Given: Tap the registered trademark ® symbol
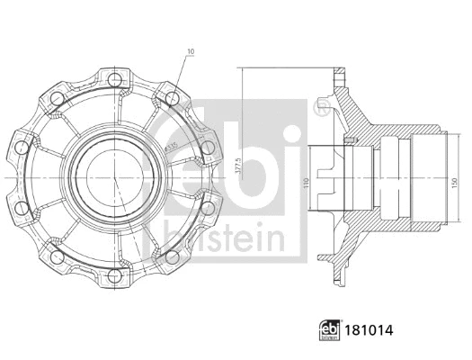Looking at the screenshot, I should (x=320, y=107).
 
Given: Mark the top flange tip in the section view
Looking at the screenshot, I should (x=341, y=68).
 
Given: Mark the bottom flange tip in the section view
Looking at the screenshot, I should (x=341, y=286).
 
